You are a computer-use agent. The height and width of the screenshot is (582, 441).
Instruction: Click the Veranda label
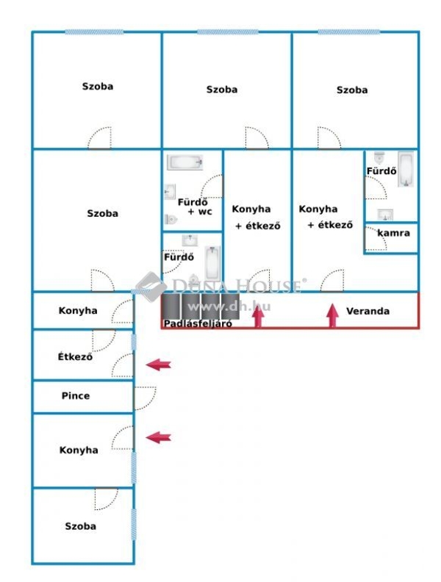[x=367, y=311]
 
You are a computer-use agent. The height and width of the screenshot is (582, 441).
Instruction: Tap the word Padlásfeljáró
[x=198, y=323]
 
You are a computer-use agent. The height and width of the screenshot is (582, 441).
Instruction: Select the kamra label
[x=393, y=233]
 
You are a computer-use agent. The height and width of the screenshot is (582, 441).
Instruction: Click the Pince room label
[x=76, y=395]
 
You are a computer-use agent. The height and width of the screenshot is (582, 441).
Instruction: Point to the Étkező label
[x=75, y=356]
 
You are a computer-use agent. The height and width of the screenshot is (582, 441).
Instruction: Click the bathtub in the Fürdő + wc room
[x=185, y=162]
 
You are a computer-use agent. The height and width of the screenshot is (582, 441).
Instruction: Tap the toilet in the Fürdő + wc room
[x=171, y=219]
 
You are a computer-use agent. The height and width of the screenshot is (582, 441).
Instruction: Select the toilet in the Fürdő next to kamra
[x=379, y=158]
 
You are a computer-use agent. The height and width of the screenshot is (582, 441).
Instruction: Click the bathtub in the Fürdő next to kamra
[x=406, y=169]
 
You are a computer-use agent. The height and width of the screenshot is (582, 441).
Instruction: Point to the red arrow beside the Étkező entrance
[x=159, y=365]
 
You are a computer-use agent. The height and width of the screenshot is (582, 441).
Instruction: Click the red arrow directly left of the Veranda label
[x=333, y=315]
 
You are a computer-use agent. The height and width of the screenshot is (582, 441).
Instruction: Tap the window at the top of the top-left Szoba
[x=94, y=32]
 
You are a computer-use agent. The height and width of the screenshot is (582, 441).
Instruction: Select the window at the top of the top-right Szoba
[x=349, y=32]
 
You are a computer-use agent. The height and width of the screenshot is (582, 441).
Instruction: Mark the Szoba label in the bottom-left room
[x=81, y=526]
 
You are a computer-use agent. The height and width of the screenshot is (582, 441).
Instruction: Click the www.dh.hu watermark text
[x=229, y=306]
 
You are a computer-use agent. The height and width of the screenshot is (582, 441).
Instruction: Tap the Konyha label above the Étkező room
[x=78, y=311]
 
